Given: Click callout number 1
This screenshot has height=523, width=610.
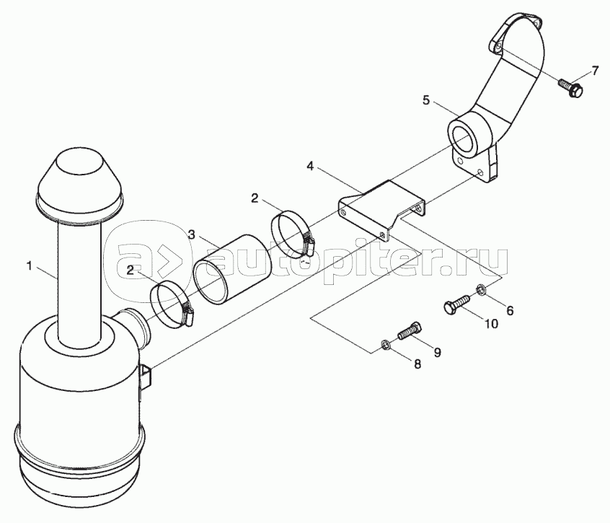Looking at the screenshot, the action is pos(30,266).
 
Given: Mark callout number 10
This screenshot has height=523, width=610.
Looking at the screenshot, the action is pos(490,325).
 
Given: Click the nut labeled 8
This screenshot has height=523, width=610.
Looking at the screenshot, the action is pos(386,345).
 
